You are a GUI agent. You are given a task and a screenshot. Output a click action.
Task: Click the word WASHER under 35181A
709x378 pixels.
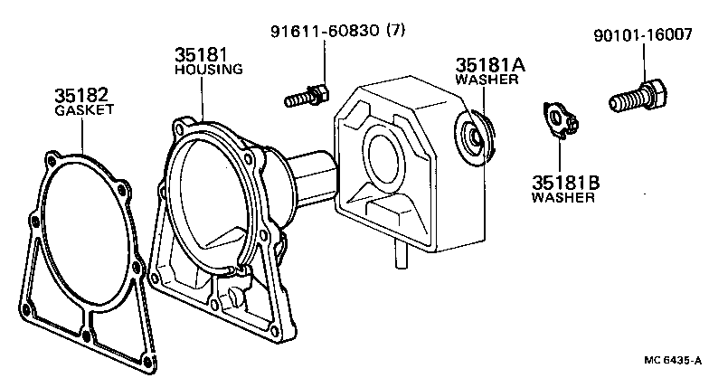[x=487, y=80]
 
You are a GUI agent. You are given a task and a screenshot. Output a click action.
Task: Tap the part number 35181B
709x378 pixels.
[x=565, y=180]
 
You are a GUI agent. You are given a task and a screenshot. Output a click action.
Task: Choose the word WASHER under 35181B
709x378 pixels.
[x=562, y=196]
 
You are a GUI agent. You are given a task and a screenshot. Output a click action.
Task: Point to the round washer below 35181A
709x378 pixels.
[x=477, y=137]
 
